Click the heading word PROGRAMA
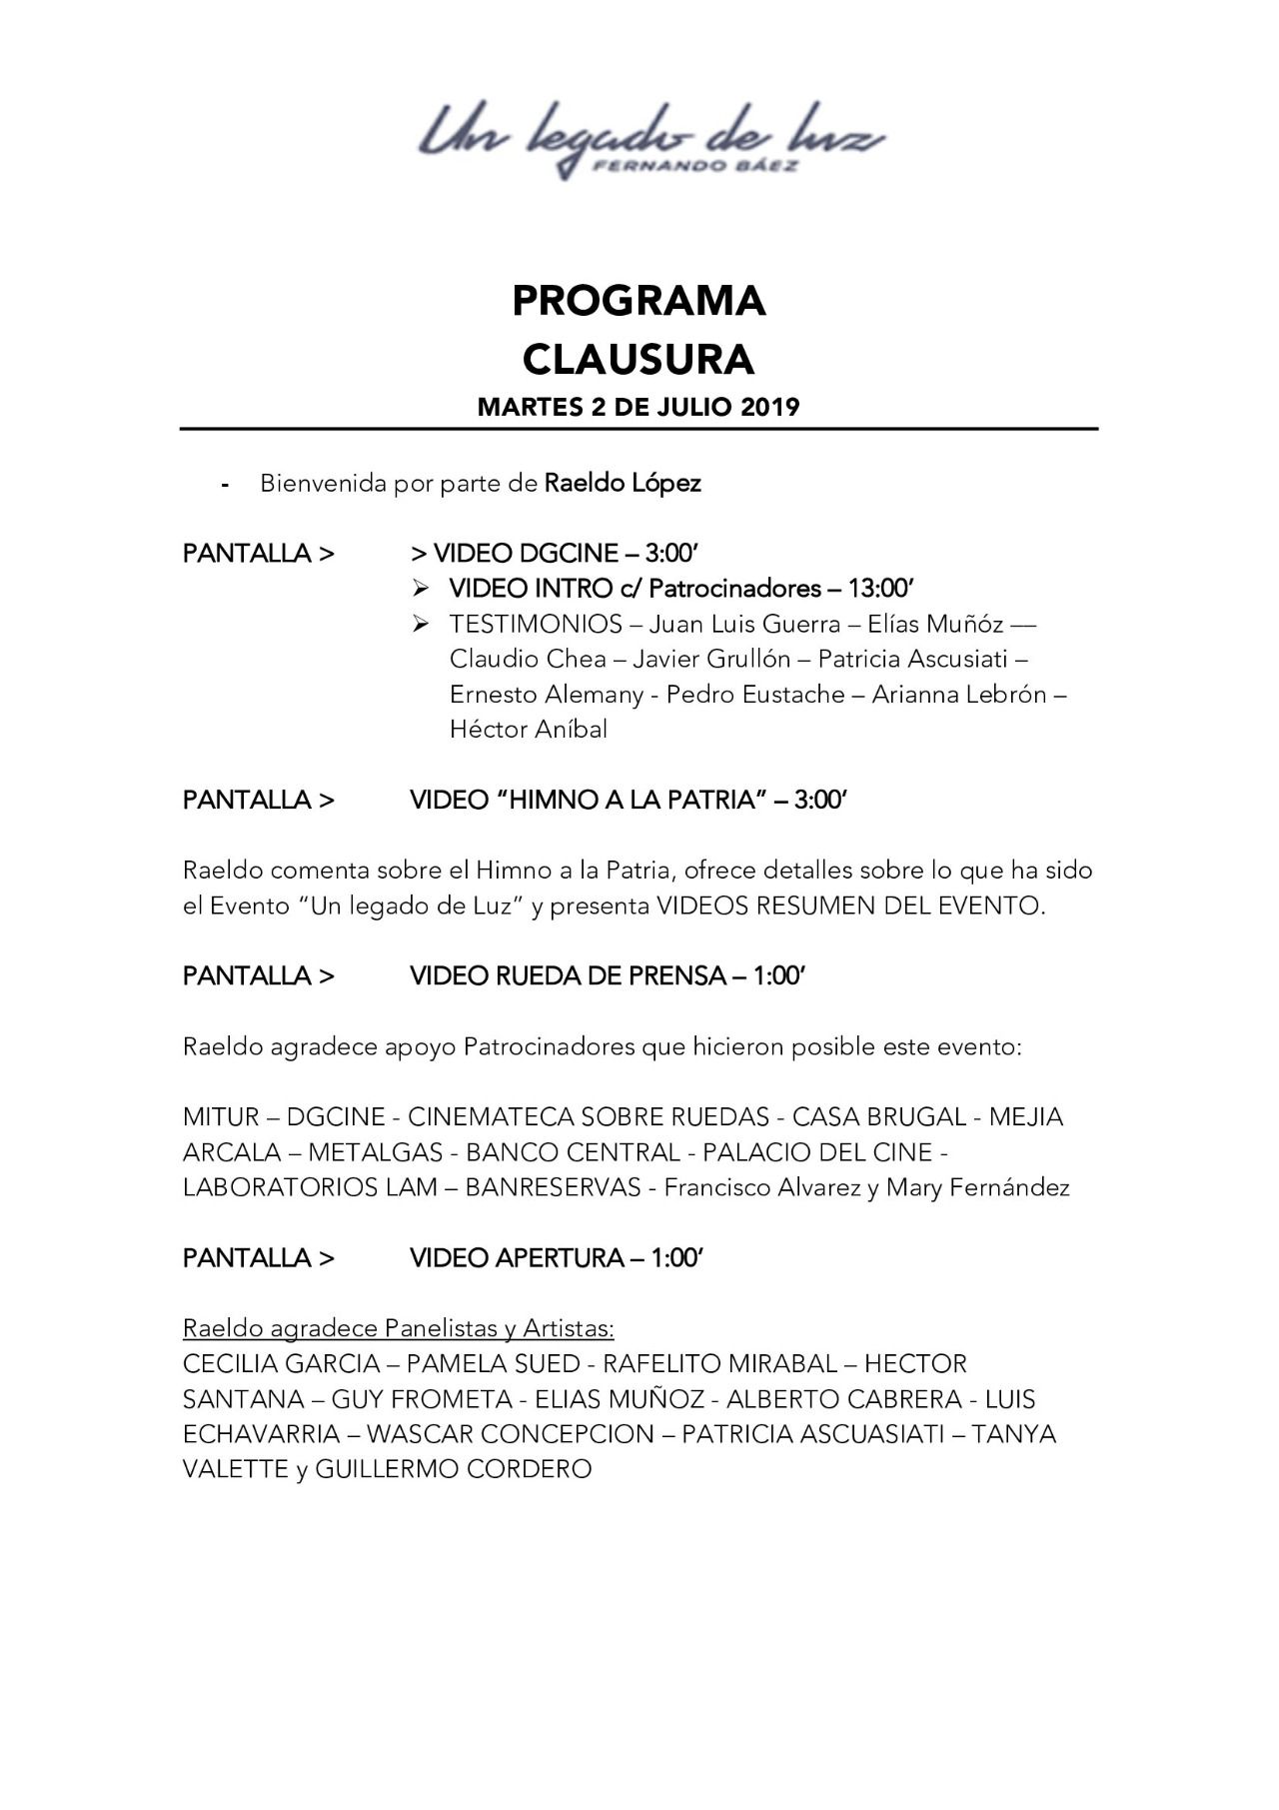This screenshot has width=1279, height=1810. point(639,301)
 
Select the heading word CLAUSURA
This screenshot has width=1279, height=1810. point(639,360)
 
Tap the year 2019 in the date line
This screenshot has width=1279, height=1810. point(769,407)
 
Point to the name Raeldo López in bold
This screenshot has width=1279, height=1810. point(623,483)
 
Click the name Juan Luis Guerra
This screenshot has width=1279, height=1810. point(744,625)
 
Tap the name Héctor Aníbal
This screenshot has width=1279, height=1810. point(529,730)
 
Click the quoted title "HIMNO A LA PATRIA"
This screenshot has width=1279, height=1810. point(630,801)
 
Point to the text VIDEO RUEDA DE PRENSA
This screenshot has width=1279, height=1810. point(568,976)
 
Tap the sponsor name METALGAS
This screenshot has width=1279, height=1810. point(375,1152)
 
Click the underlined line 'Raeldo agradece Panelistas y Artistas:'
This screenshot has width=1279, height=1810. point(398,1328)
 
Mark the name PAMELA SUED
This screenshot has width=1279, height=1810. point(493,1364)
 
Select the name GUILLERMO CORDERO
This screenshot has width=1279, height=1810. point(454,1469)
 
